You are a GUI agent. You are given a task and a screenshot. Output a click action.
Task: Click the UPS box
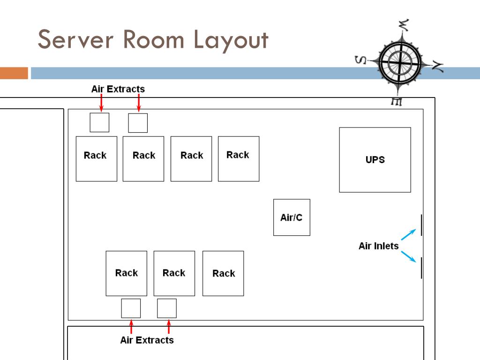coord(375,160)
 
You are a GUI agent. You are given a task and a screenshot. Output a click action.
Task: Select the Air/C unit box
coord(292,217)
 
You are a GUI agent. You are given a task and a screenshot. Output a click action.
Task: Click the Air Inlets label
coord(378,246)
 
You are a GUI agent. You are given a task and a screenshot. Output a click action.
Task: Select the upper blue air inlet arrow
coord(408,234)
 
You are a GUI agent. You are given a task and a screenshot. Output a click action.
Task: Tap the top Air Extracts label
coord(118,89)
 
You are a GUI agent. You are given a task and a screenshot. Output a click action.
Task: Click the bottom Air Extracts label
coord(147,340)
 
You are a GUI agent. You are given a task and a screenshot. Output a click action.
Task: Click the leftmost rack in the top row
coord(96,159)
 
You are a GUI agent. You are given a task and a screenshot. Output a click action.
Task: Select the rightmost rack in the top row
coord(239,159)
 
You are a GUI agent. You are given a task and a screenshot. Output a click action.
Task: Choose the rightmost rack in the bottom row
coord(223,273)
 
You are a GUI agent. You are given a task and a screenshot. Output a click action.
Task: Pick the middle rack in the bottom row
coord(174,273)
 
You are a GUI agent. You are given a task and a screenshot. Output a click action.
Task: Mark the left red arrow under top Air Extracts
coord(101,103)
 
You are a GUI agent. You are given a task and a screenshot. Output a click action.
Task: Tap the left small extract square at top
coord(99,122)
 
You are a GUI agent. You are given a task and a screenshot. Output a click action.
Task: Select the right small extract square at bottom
coord(167,308)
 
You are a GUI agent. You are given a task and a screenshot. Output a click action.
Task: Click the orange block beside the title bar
coord(14,73)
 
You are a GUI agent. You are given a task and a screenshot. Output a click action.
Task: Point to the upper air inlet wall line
coord(421,225)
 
